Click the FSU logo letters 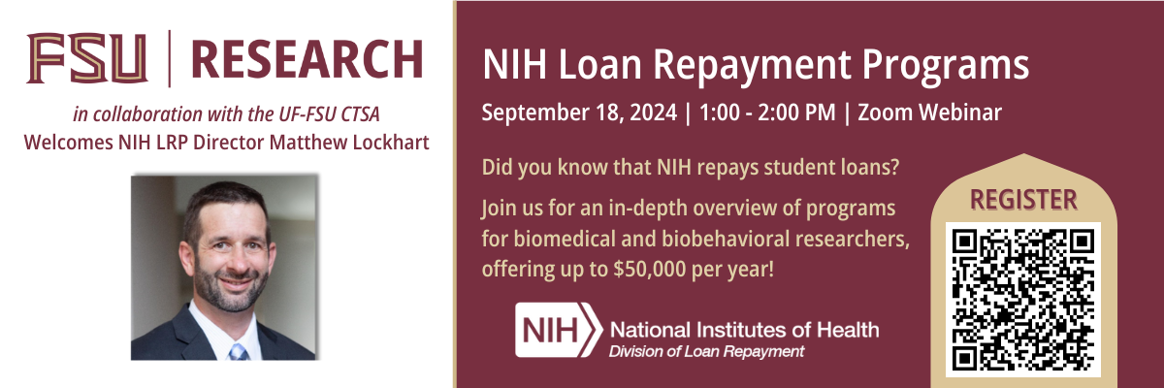pyautogui.click(x=87, y=57)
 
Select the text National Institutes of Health pyautogui.click(x=744, y=330)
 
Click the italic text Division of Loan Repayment pyautogui.click(x=705, y=351)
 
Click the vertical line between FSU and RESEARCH pyautogui.click(x=171, y=57)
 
